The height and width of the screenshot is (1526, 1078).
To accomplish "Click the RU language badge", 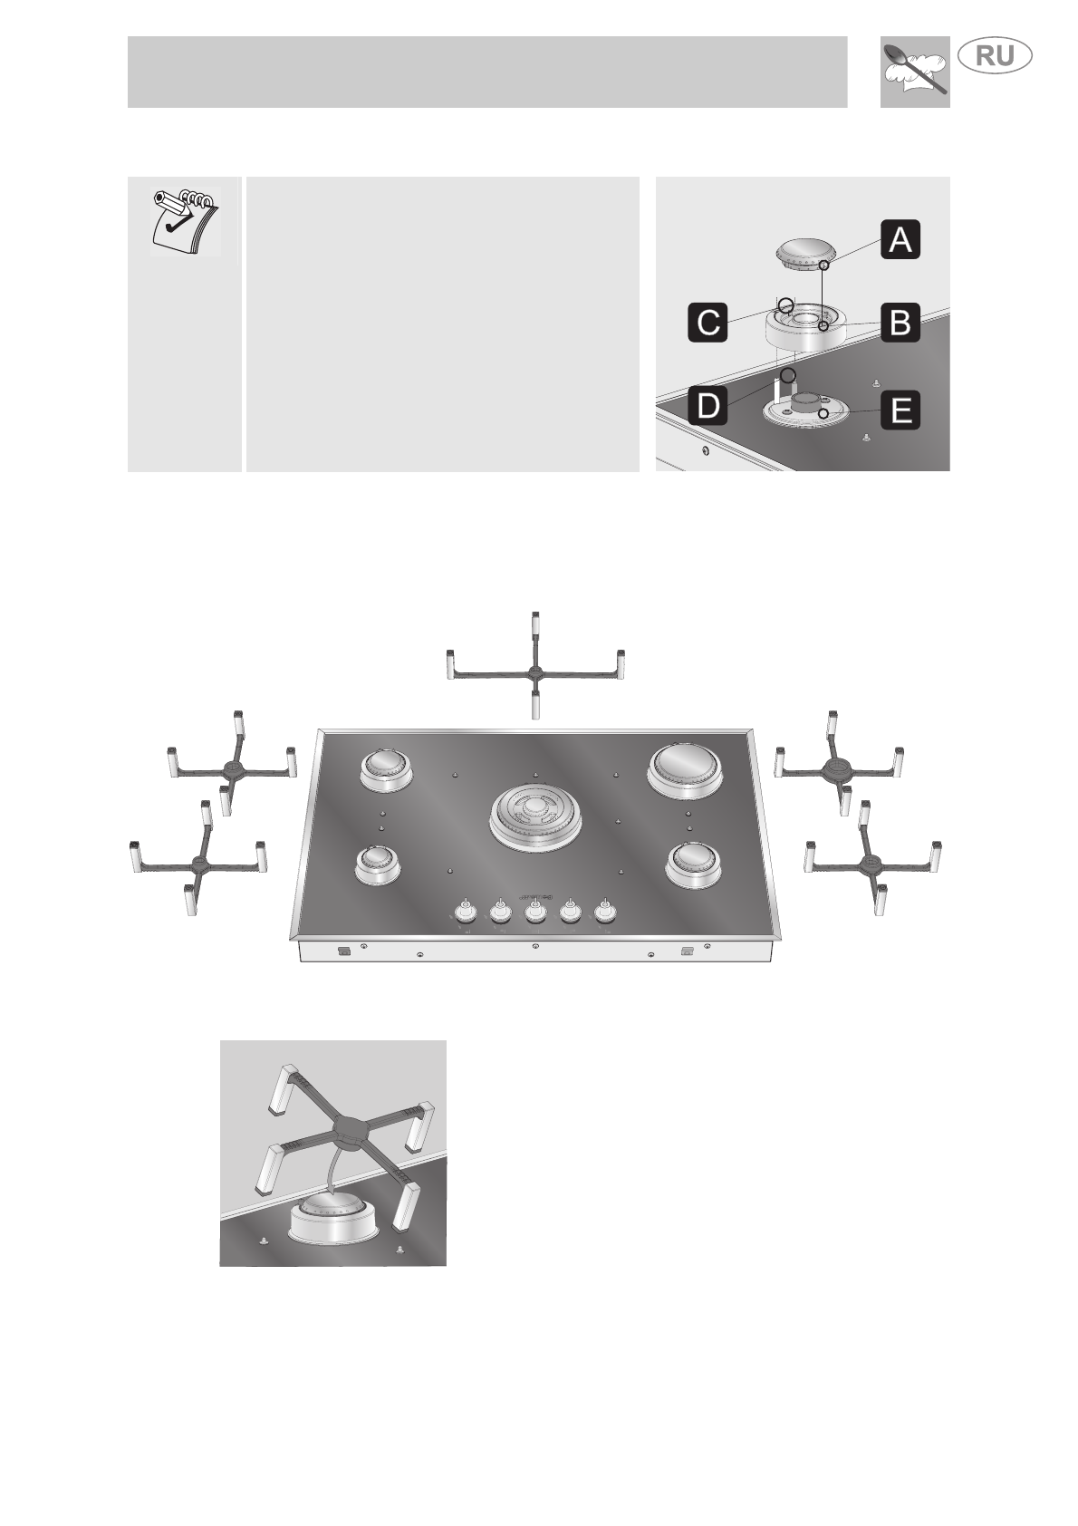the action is (995, 56).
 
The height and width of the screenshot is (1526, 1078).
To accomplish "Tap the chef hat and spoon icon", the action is (914, 72).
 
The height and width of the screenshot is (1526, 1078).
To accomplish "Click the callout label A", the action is (900, 241).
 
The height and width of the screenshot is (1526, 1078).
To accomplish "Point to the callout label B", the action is (900, 322).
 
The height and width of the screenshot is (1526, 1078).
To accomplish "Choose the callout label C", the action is (708, 322).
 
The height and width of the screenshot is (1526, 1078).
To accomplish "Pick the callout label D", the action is (708, 406).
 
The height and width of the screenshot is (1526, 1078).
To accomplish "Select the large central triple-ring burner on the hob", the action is (534, 816).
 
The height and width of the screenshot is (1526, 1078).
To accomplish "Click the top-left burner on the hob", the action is (388, 768).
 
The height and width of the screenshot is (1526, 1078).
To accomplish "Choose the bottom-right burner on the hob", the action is (694, 864).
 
